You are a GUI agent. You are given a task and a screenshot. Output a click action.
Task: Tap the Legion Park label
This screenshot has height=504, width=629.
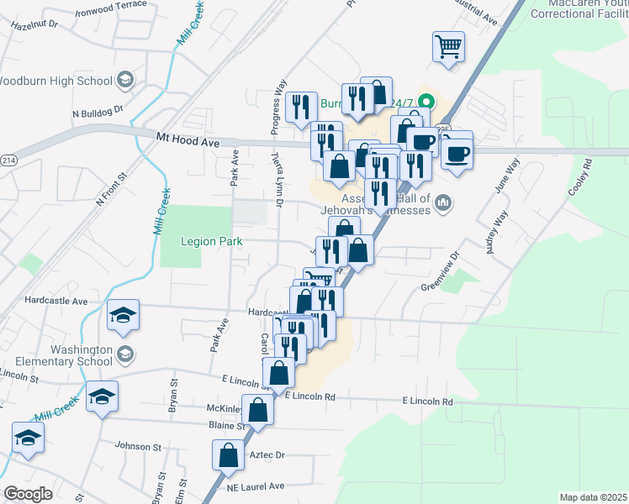[x=212, y=242]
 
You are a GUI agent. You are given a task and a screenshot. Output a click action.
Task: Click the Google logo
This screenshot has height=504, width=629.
[x=29, y=493]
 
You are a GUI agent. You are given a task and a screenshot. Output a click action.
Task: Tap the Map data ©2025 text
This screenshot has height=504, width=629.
[x=592, y=497]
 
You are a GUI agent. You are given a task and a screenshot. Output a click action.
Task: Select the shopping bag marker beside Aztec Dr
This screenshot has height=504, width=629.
[x=229, y=454]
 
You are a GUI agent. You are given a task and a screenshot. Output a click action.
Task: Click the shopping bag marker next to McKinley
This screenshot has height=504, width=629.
[x=259, y=409]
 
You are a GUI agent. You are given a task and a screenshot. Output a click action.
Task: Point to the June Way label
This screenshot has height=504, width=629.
[x=501, y=176]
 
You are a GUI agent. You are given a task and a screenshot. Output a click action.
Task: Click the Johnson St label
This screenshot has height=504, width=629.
[x=137, y=446]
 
